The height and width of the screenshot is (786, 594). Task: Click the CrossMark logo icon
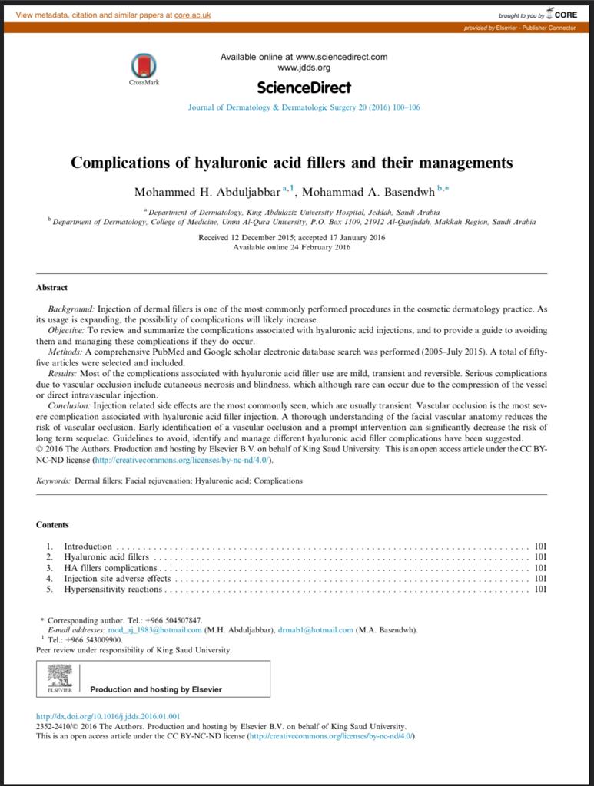click(144, 65)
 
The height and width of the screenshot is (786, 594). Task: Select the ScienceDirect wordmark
click(304, 87)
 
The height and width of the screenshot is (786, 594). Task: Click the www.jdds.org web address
click(304, 68)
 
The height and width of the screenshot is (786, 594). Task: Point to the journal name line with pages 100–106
click(304, 107)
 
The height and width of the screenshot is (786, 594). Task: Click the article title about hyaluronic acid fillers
click(291, 163)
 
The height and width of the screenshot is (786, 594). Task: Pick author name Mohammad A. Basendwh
click(369, 192)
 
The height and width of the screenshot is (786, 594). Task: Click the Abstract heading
click(52, 288)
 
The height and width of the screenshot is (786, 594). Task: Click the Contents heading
click(52, 525)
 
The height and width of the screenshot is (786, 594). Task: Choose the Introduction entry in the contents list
click(88, 547)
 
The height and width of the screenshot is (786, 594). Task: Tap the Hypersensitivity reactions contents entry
click(113, 589)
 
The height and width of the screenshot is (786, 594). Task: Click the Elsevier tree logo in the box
click(59, 677)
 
